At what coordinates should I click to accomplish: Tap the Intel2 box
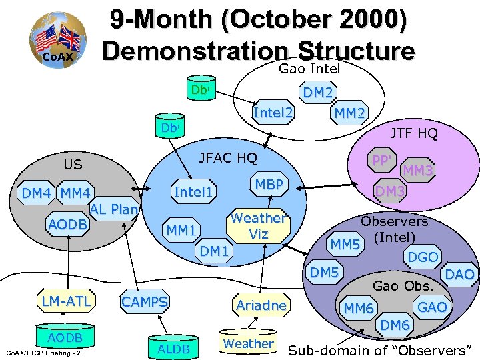(273, 114)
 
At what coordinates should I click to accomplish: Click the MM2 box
(349, 114)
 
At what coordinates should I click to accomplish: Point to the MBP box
(269, 185)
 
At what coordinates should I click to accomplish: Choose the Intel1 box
(193, 193)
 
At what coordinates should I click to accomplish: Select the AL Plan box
(114, 209)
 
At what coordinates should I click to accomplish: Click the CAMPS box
(144, 302)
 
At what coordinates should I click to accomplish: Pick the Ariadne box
(261, 305)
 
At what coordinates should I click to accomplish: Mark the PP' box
(384, 161)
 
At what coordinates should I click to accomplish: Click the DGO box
(423, 257)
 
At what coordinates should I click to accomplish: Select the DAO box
(460, 274)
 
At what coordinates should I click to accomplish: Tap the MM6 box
(359, 308)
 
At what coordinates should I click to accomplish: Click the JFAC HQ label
(228, 158)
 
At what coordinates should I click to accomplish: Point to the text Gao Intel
(309, 69)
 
